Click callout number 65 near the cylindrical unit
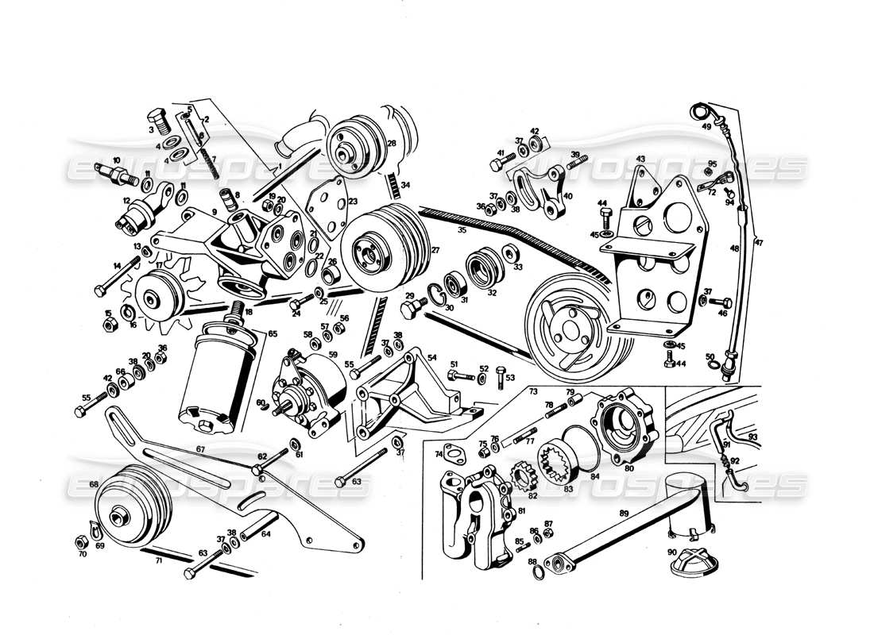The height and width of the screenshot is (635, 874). click(x=272, y=335)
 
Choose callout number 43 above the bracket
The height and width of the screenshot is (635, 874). click(x=640, y=160)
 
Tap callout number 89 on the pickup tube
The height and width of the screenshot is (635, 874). click(x=625, y=514)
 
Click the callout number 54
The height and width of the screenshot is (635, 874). click(x=432, y=358)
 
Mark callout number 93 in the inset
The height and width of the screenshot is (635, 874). click(x=752, y=437)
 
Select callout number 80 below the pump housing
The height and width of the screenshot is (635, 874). click(x=629, y=468)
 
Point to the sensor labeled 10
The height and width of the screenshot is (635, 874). click(x=112, y=171)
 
